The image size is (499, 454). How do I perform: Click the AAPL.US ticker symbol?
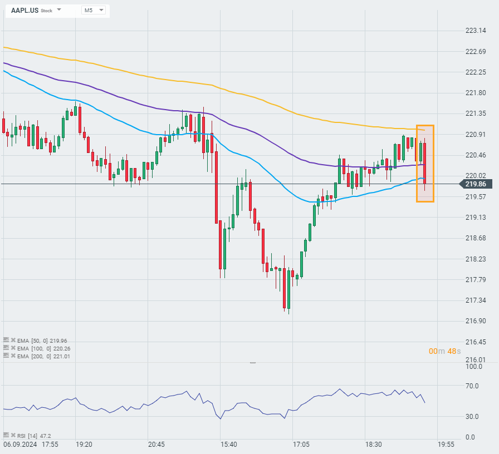[x=25, y=10]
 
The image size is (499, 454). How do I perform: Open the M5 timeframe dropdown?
[x=94, y=10]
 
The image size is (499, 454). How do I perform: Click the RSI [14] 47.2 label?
[x=34, y=436]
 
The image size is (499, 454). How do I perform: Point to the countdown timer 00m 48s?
[x=444, y=351]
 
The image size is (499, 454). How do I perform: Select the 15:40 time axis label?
[x=229, y=445]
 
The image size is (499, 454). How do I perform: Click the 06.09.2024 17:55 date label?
[x=31, y=445]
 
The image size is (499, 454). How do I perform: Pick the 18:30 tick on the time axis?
[x=374, y=445]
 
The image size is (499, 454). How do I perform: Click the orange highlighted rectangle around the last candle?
[x=425, y=163]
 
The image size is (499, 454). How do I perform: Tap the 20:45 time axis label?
[x=156, y=445]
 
